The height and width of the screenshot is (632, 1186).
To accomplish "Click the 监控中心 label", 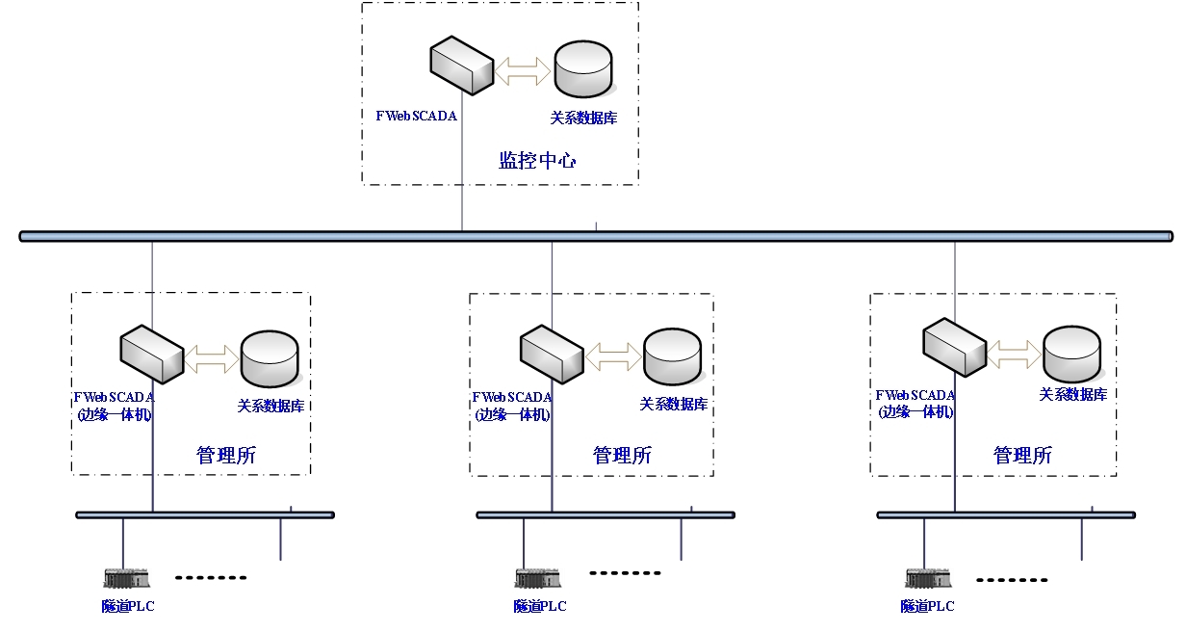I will [537, 160].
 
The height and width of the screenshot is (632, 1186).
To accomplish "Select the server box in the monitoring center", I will [461, 66].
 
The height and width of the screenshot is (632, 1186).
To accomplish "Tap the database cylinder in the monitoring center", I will [583, 69].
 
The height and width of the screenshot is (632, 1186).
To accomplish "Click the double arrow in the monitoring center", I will [523, 69].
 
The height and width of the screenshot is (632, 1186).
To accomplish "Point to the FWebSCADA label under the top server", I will [416, 116].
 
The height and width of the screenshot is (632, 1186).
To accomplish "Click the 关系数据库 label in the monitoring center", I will [583, 118].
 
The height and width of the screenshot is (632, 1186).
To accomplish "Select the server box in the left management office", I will [151, 355].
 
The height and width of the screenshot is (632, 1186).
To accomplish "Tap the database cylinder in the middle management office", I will [672, 356].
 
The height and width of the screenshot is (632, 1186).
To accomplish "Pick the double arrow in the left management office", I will [212, 358].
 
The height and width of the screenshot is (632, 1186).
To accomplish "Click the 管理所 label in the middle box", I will [622, 455].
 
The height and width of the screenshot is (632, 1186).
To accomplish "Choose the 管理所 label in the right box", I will [1022, 455].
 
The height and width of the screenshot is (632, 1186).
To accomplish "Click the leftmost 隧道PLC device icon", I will [126, 578].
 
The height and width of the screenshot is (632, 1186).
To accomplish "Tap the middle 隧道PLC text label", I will [540, 606].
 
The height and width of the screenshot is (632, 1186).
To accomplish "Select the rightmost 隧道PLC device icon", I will [928, 578].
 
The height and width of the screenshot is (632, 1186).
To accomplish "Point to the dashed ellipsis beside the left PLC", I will [211, 578].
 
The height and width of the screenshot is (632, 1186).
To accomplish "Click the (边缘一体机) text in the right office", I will [915, 411].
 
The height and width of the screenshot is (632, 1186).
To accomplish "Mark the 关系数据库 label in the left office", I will [271, 406].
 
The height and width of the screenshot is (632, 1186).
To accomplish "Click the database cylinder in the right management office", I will [1072, 354].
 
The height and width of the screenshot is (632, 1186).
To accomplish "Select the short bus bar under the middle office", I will [606, 515].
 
